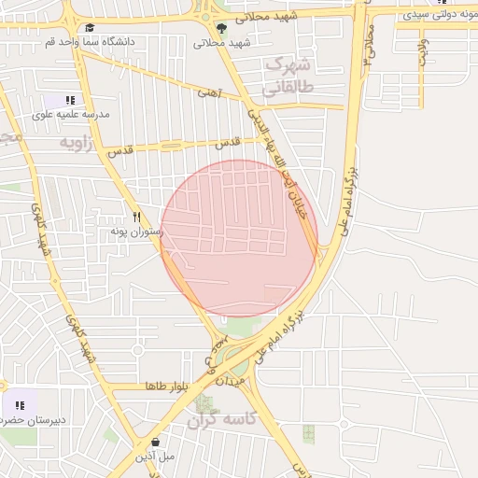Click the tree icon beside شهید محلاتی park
pyautogui.click(x=221, y=28)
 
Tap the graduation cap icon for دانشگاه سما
pyautogui.click(x=89, y=28)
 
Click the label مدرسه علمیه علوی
pyautogui.click(x=71, y=115)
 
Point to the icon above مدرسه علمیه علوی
pyautogui.click(x=70, y=100)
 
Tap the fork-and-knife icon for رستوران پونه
pyautogui.click(x=137, y=216)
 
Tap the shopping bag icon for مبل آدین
pyautogui.click(x=154, y=442)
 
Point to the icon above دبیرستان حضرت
pyautogui.click(x=19, y=405)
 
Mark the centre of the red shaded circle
pyautogui.click(x=239, y=238)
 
